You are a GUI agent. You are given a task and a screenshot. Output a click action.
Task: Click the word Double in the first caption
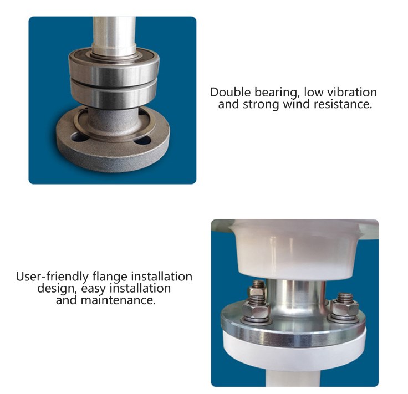click(x=228, y=92)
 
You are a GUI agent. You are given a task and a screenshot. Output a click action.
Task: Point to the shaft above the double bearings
click(x=114, y=30)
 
